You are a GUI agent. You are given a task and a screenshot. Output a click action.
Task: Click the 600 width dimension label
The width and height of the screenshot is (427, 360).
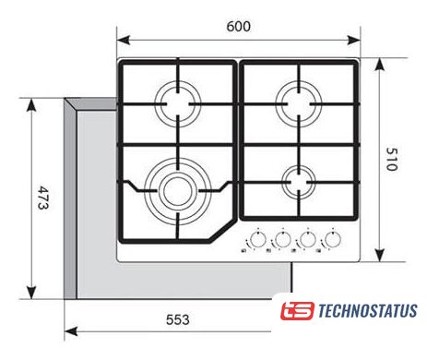(239, 27)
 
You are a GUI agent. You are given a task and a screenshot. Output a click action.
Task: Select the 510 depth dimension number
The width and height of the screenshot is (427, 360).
(392, 159)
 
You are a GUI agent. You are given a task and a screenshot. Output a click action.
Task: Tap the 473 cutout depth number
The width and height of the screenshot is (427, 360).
(42, 198)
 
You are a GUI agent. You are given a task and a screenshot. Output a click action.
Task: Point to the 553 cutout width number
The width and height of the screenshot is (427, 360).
(178, 319)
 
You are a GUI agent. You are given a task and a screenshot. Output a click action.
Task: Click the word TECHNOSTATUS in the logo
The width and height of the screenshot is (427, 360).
(368, 311)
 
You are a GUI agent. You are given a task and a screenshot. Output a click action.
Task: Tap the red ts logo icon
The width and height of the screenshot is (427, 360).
(297, 311)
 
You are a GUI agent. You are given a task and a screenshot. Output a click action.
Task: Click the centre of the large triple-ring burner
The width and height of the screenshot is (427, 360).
(178, 191)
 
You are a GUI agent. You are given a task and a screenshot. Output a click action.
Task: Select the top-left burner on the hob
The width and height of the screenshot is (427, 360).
(178, 103)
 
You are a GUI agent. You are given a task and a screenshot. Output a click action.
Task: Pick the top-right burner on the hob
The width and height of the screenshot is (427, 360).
(299, 103)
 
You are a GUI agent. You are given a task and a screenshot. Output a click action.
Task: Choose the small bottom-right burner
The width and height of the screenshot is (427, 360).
(299, 182)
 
